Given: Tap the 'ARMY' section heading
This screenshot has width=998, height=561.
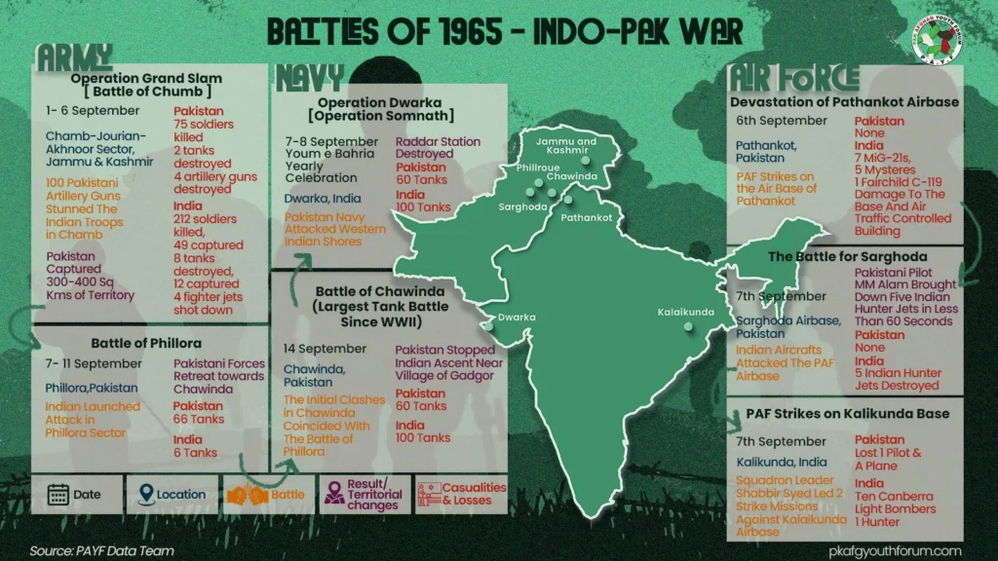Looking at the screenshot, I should point(74,57).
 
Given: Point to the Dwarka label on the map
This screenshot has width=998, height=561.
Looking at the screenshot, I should point(517,317).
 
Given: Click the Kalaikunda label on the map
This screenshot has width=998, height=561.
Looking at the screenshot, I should point(687,313).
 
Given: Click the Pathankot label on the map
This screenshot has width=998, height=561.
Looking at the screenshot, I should point(585,217).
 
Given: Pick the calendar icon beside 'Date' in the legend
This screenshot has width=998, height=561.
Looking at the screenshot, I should point(58,494).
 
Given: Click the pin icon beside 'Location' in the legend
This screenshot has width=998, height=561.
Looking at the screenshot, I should point(144,494).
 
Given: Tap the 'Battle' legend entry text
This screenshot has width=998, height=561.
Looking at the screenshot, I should point(288,495).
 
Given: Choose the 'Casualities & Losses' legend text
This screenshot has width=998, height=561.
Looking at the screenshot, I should point(474,494).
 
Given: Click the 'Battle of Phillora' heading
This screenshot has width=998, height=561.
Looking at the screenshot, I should point(146,343).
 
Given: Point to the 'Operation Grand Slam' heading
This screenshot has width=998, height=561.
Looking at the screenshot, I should point(146,78).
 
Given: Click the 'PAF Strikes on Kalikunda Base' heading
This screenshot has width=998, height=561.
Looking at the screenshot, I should point(846,413).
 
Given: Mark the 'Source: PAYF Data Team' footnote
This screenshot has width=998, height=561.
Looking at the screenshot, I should point(101,550).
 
